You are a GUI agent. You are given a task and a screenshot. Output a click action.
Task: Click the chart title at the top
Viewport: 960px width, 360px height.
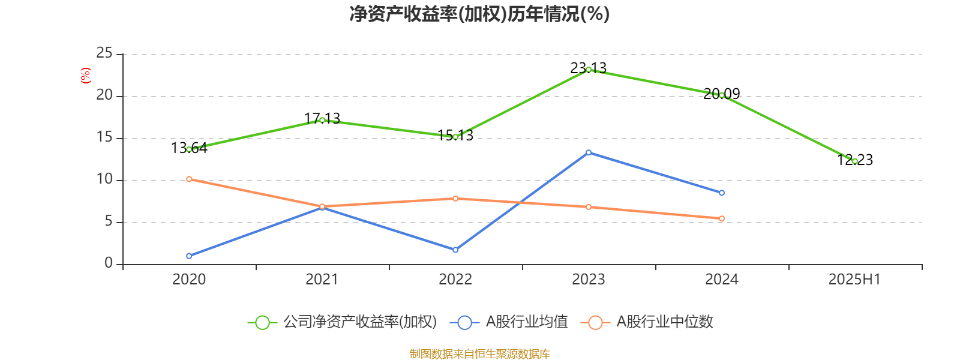pos(479,14)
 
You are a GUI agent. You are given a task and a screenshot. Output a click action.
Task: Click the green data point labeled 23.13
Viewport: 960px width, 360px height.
pos(589,70)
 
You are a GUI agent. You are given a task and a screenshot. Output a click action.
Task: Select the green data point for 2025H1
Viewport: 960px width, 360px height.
pos(854,161)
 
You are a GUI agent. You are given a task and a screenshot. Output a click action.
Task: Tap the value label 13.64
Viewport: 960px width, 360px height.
pos(189,148)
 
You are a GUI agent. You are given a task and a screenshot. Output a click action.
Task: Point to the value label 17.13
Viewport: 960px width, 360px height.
pos(322,118)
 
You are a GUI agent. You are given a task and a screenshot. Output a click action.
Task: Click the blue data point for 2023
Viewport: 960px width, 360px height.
pos(589,152)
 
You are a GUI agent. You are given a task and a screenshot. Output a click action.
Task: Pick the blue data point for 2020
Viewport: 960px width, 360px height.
pos(189,256)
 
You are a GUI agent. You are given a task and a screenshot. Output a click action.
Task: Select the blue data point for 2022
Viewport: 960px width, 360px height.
pos(455,250)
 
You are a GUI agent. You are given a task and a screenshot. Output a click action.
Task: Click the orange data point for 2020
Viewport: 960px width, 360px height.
pos(189,179)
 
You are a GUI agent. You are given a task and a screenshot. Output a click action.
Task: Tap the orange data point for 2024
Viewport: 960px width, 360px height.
pos(722,218)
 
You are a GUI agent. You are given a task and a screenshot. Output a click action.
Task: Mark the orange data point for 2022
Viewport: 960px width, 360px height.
pos(455,198)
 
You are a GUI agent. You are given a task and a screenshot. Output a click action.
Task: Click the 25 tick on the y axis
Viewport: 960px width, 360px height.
pos(104,53)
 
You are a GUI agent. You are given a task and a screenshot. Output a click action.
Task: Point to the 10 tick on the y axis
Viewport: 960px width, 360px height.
pos(104,179)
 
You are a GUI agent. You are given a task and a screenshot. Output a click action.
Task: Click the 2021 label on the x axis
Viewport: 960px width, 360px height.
pos(322,279)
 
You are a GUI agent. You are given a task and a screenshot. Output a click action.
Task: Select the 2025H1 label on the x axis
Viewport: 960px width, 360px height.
pos(854,279)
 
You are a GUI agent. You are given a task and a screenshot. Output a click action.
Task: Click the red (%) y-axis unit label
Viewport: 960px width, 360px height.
pos(85,75)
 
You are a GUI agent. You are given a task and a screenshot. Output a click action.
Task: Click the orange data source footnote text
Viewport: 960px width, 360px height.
pos(479,354)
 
